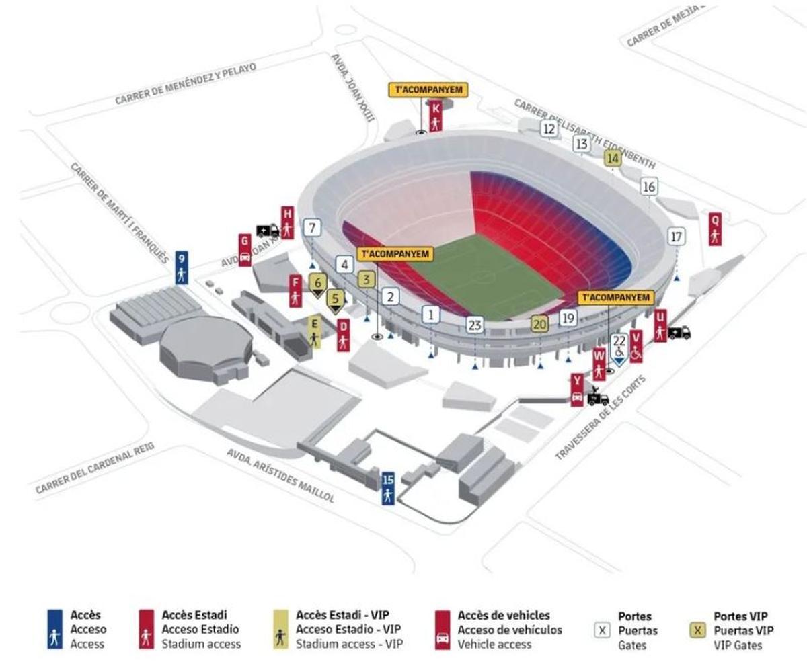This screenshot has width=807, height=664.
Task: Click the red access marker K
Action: point(436,116)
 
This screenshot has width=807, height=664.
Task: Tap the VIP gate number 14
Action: point(612,159)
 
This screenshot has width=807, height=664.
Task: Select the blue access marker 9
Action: point(182,267)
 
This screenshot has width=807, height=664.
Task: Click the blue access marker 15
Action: point(387,488)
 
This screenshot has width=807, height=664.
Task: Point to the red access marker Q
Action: point(715,229)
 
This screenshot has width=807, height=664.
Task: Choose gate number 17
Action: point(677,237)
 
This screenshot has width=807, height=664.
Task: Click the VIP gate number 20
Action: point(539,323)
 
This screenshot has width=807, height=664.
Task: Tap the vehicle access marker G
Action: point(245,249)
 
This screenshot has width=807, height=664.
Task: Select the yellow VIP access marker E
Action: point(314,332)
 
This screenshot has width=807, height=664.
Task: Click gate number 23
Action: point(475,325)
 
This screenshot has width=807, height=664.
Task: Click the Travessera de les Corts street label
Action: point(600,418)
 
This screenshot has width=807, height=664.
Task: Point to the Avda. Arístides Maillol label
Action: point(280,476)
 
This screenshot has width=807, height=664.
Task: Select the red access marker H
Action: point(287,222)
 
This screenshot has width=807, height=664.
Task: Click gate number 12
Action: point(549,129)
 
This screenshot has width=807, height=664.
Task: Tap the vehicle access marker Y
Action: point(576,390)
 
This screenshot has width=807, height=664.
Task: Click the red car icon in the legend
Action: point(443,638)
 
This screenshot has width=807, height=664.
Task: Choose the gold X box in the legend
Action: point(698,631)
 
